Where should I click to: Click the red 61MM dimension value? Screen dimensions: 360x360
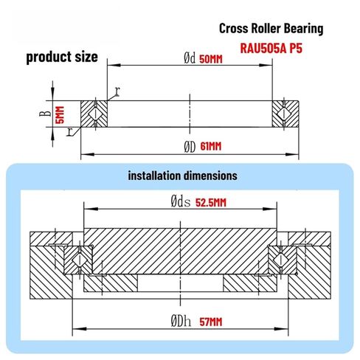click(x=211, y=146)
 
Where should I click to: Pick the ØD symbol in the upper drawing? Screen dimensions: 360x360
click(x=190, y=146)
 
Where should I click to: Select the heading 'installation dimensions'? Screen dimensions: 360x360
click(x=182, y=176)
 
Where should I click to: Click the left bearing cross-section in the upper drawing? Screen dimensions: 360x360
click(x=94, y=114)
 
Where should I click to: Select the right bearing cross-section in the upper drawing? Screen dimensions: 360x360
click(x=285, y=114)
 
